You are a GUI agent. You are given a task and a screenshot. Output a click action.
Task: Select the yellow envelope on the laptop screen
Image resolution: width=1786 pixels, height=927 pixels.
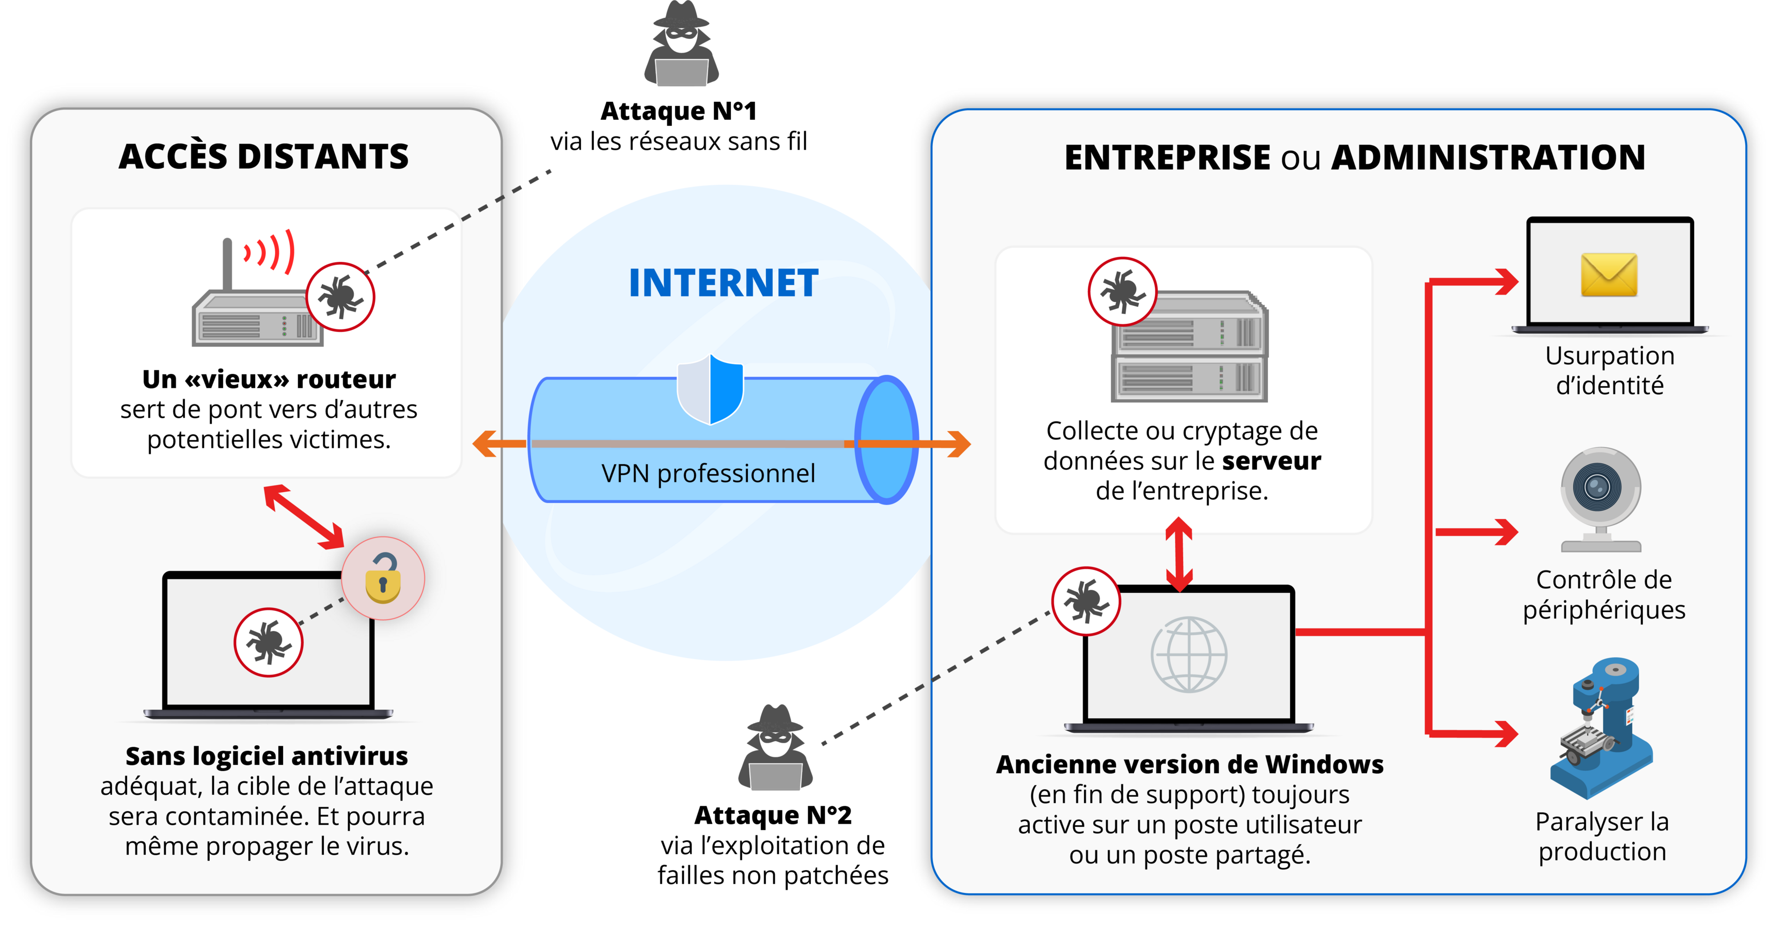[1608, 275]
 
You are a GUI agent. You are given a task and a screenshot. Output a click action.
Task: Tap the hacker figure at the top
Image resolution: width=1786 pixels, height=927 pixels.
[682, 44]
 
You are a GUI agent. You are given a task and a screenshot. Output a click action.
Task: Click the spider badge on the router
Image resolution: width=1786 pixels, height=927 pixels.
[340, 297]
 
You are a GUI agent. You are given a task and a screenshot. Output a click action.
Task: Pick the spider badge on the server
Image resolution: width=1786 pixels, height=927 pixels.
[1122, 292]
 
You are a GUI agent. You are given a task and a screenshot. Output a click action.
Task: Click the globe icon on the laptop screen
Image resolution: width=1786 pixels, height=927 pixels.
[1188, 654]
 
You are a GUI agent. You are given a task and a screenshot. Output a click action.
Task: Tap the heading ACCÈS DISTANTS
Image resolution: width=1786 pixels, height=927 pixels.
[263, 156]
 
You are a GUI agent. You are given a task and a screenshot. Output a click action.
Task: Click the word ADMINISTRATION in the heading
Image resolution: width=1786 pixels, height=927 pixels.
[1488, 158]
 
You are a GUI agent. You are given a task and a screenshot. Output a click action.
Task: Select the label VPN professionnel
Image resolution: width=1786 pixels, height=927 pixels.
[708, 474]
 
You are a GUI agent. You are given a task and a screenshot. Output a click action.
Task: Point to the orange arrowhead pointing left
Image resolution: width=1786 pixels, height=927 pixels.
[485, 444]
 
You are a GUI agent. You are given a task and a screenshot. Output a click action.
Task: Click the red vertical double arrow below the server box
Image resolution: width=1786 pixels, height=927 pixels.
[1179, 555]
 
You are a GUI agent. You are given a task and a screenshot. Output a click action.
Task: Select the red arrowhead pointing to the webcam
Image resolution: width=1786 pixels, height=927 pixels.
[1505, 532]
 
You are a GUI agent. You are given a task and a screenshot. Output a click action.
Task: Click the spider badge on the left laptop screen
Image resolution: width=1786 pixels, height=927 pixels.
[269, 642]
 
